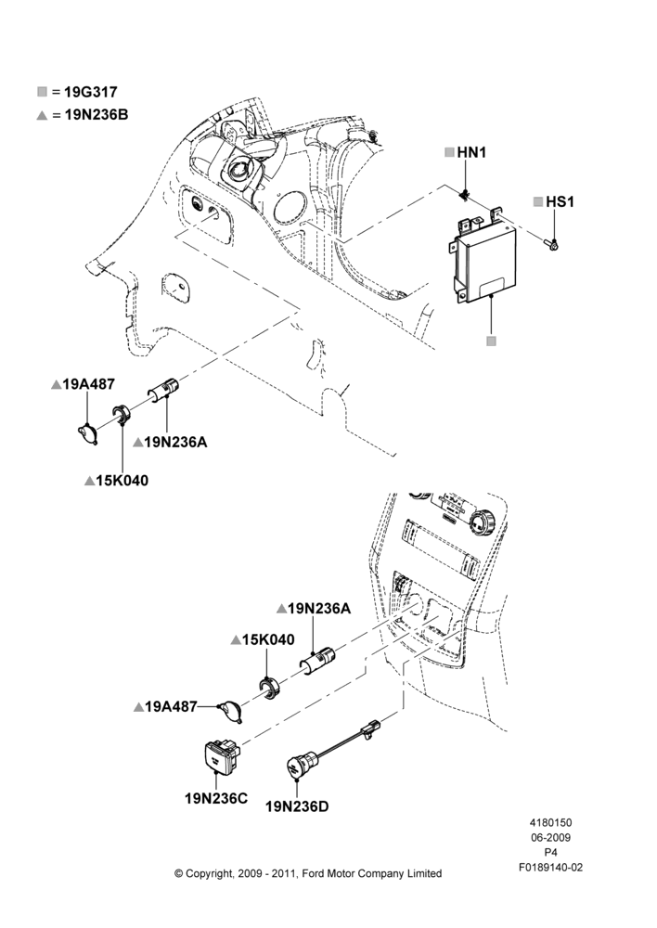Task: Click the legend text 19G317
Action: coord(91,92)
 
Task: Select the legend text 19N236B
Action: coord(96,115)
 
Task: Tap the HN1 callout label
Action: coord(471,153)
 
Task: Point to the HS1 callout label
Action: coord(560,201)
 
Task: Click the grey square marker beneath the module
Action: coord(491,342)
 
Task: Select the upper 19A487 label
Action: coord(88,385)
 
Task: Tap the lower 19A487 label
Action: coord(171,706)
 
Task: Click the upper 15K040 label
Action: coord(122,481)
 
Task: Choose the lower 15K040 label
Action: coord(268,639)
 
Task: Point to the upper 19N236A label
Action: coord(175,442)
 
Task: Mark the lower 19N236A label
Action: coord(319,609)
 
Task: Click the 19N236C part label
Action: coord(216,798)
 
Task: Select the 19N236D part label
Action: coord(297,806)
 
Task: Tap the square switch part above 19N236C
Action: coord(221,755)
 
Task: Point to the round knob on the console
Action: coord(481,522)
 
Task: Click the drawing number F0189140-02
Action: coord(550,868)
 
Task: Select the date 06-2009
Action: coord(550,837)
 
